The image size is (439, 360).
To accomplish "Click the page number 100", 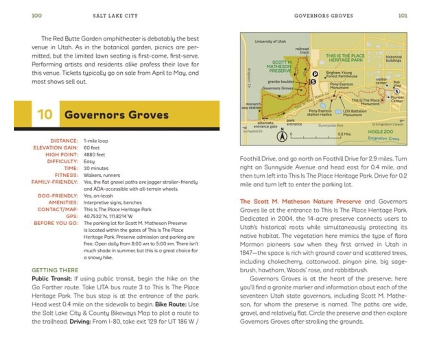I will click(37, 16).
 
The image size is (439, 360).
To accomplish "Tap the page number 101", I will click(403, 16).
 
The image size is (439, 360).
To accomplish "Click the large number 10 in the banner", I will click(45, 114).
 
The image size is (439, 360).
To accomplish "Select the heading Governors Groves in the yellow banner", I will click(116, 115).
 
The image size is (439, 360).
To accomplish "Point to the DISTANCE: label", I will click(64, 141).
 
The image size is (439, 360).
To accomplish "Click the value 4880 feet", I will click(94, 155).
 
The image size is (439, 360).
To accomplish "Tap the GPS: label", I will click(72, 216).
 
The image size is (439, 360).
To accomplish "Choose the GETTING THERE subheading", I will click(55, 270).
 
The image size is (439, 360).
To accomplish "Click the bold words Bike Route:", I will click(171, 304).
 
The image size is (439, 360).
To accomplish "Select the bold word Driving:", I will click(80, 321).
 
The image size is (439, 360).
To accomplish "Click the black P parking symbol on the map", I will click(315, 74).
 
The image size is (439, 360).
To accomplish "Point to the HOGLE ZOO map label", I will click(380, 132).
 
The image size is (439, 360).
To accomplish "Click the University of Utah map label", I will click(270, 42).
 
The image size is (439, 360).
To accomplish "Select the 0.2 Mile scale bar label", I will click(344, 134).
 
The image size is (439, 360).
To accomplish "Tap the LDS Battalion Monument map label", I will click(354, 113).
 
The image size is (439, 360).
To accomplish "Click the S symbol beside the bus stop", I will click(397, 92).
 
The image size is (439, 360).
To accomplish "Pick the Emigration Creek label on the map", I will click(383, 138).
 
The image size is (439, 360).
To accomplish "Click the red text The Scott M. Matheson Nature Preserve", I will click(300, 201).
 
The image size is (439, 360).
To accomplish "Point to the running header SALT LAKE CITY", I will click(115, 16).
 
